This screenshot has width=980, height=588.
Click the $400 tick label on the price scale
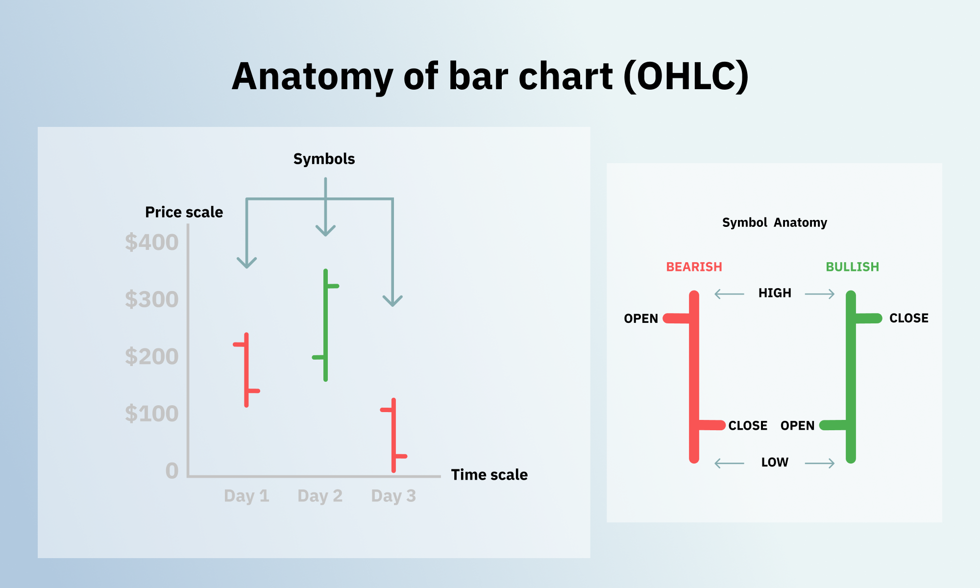151,243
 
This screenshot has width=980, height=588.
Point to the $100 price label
151,414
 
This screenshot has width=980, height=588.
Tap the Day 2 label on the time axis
320,496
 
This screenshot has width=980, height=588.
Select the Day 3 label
393,496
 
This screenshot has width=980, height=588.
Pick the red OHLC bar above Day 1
246,370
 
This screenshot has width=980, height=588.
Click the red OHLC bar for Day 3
393,435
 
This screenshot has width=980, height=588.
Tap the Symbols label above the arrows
324,159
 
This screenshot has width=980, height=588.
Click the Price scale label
184,212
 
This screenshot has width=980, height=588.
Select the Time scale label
489,475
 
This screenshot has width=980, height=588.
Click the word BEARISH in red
694,267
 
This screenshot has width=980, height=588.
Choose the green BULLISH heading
852,267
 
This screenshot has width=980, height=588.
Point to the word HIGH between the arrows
775,293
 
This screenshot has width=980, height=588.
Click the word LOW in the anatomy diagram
775,462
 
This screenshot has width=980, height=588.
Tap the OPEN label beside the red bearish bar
641,318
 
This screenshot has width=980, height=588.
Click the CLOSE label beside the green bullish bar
908,318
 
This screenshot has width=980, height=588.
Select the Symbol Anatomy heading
774,222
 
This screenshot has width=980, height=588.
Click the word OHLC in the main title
686,77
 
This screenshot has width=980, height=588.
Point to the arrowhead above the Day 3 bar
392,301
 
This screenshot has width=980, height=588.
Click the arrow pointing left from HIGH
729,294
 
